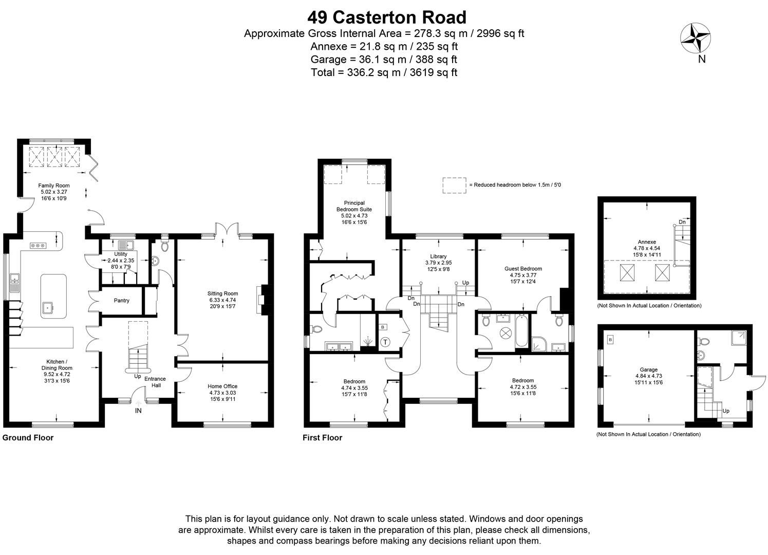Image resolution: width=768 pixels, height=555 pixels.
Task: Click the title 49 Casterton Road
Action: [x=387, y=17]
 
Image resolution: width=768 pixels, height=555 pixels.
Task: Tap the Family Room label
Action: [x=54, y=186]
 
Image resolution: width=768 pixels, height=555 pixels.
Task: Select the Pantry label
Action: [x=121, y=301]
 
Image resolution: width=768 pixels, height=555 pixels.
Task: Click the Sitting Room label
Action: [x=223, y=294]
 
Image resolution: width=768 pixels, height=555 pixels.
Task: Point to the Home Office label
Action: [x=222, y=386]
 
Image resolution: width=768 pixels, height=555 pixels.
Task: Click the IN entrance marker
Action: [x=138, y=411]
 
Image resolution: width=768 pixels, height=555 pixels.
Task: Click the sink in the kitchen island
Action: [x=48, y=308]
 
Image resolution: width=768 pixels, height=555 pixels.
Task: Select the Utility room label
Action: [x=121, y=254]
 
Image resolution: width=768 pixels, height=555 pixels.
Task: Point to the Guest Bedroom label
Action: [x=523, y=269]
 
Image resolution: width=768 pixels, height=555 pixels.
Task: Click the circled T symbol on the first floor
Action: [x=386, y=342]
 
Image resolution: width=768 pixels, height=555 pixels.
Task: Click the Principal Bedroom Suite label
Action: [x=354, y=206]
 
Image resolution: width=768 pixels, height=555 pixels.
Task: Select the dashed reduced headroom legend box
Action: [x=454, y=186]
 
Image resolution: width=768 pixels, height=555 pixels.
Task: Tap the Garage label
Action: [x=648, y=369]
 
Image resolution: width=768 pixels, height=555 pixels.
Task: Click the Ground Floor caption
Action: [x=28, y=438]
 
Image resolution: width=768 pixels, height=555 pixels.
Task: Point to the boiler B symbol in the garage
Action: [x=610, y=339]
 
